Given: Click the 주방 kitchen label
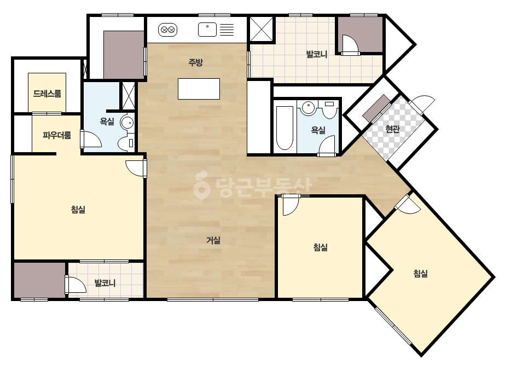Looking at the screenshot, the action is point(195,62).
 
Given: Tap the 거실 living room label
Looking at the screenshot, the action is point(213,240).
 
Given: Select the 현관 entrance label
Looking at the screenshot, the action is point(393,129).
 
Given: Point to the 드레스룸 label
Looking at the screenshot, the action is point(47,94).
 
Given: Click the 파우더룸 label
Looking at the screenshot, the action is point(57,135).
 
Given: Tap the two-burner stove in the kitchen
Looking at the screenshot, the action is point(167,30).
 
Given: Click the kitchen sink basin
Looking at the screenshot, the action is point(207,30).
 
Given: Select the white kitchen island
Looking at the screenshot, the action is point(199,89).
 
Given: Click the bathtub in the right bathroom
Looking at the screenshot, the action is point(285,128).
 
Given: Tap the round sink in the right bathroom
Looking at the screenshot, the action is point(309,107).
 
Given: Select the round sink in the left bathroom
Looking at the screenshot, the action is point(127,123).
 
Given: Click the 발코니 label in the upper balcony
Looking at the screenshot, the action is point(317,54).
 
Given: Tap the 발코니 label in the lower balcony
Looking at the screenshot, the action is point(105,284).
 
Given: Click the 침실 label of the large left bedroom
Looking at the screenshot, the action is point(78,210).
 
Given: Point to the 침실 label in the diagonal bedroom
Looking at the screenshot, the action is point(420,274).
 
